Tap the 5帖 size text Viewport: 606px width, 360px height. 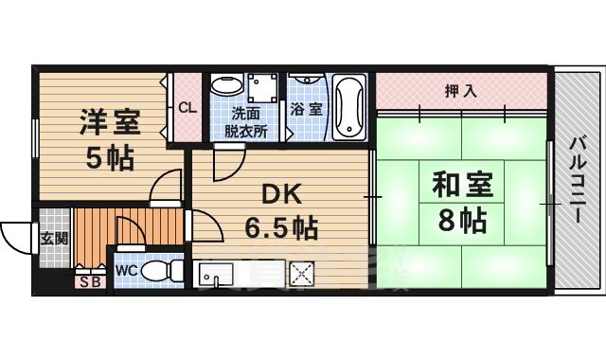[108, 157]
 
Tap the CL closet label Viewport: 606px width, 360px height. [187, 107]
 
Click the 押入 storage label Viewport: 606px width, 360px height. [460, 91]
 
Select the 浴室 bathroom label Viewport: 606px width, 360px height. [307, 109]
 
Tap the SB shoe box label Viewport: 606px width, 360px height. [90, 281]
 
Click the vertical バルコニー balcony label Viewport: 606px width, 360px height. [576, 180]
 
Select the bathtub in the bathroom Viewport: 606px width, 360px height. [348, 105]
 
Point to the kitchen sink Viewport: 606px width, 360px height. [217, 276]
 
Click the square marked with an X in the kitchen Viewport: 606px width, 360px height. [302, 275]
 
